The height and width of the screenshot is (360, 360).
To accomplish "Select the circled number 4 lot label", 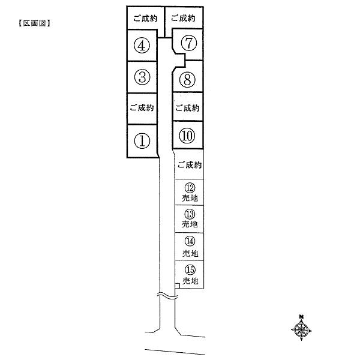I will click(x=142, y=46).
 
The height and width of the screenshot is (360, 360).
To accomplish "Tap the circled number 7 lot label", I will click(x=188, y=43).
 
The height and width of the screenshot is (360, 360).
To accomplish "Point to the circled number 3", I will click(x=142, y=77).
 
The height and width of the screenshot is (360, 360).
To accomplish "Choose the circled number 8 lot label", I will click(x=187, y=79).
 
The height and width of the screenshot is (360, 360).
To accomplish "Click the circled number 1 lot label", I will click(x=142, y=141).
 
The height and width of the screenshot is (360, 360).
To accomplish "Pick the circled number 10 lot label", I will click(x=187, y=136).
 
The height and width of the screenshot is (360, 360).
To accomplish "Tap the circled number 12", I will click(x=189, y=188).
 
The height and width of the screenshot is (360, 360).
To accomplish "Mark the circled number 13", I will click(x=189, y=214).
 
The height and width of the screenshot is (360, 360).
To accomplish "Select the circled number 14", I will click(x=189, y=241).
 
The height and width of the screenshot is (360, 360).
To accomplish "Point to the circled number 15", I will click(x=189, y=269).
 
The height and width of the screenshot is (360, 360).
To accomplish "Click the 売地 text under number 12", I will click(x=189, y=197).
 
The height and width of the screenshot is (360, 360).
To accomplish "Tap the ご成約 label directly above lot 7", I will click(x=183, y=19).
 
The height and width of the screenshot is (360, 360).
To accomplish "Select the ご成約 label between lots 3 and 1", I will click(x=142, y=109).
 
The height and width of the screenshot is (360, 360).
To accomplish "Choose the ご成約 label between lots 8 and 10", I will click(x=187, y=109).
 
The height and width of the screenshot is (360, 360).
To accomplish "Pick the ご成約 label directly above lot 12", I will click(x=189, y=165).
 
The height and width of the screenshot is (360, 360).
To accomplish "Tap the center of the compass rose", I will click(x=302, y=329).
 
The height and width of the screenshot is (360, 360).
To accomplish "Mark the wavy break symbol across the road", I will click(x=167, y=297).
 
